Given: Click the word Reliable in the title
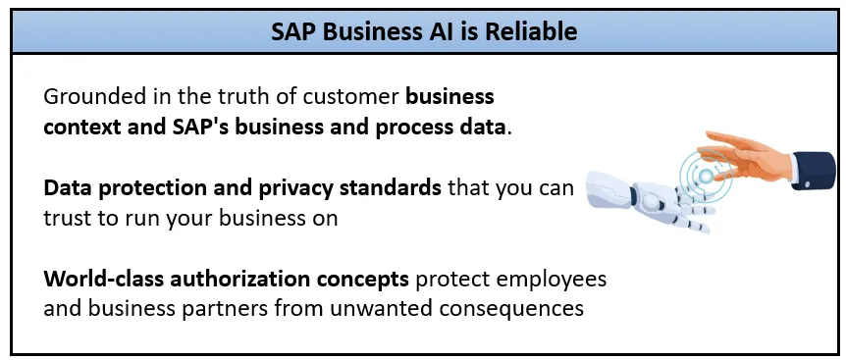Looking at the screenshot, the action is (530, 31).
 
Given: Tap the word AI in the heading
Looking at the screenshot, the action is (438, 31).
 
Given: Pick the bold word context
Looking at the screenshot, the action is (81, 129).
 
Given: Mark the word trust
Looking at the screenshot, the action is (67, 220).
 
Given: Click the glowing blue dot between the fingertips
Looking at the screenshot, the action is (706, 176).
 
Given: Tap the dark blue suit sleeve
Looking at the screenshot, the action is (813, 171).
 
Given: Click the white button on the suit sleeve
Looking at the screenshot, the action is (808, 184).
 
